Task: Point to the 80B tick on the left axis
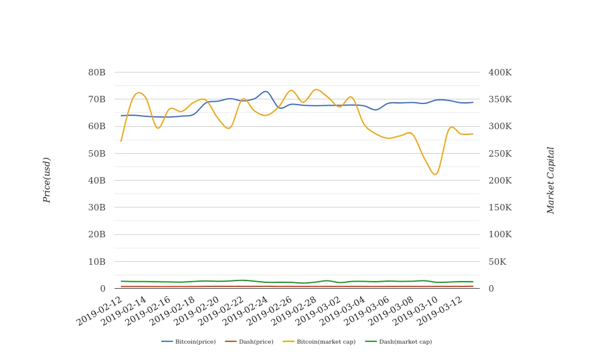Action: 96,72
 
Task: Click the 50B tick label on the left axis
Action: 96,153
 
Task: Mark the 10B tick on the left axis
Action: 96,261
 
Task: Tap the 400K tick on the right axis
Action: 500,72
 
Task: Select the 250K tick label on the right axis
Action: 500,153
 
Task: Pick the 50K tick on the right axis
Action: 497,261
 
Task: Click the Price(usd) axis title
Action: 47,180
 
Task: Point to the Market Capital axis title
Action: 550,180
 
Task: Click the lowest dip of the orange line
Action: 435,174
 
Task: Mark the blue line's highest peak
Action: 266,91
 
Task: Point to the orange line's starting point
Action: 121,141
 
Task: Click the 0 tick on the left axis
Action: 102,289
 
